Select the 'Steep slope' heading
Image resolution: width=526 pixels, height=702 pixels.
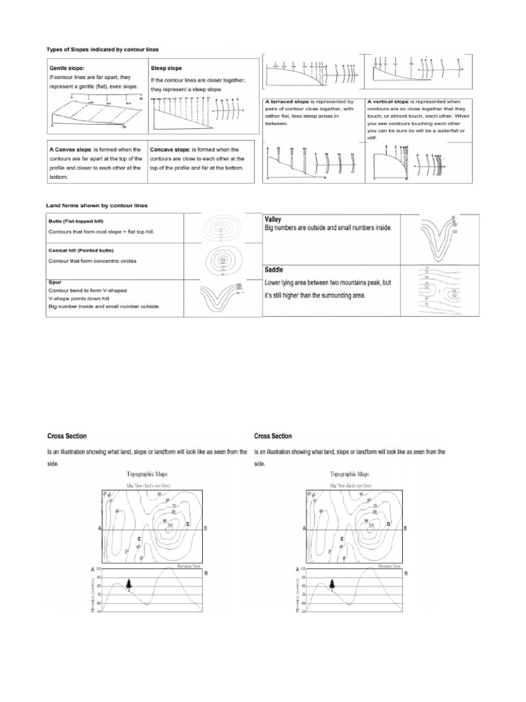(166, 69)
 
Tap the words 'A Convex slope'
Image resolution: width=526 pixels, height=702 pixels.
(71, 149)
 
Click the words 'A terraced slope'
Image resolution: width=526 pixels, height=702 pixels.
(288, 101)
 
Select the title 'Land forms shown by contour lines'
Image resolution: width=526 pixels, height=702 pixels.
(96, 205)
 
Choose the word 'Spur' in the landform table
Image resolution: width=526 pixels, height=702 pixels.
(55, 282)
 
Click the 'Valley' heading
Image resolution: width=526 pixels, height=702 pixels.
(274, 219)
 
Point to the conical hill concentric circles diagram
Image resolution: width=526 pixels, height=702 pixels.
(223, 261)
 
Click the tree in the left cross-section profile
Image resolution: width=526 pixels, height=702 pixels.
(128, 583)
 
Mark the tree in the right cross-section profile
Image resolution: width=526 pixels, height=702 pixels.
(332, 583)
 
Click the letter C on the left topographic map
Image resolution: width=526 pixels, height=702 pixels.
(139, 539)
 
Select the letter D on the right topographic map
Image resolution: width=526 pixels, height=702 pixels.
(388, 524)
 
